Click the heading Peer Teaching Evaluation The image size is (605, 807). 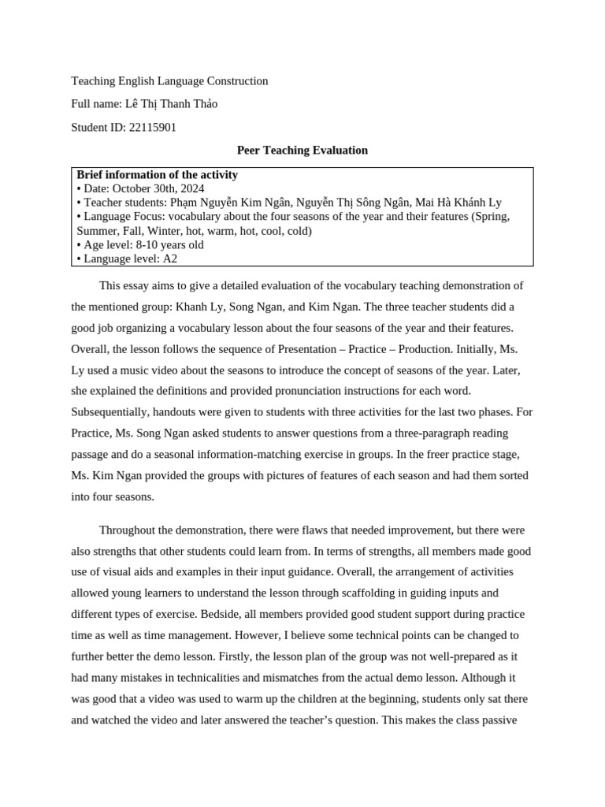click(x=302, y=150)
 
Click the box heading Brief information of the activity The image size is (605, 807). click(x=157, y=175)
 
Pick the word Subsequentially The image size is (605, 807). click(x=109, y=411)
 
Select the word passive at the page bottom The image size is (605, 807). click(x=498, y=720)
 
